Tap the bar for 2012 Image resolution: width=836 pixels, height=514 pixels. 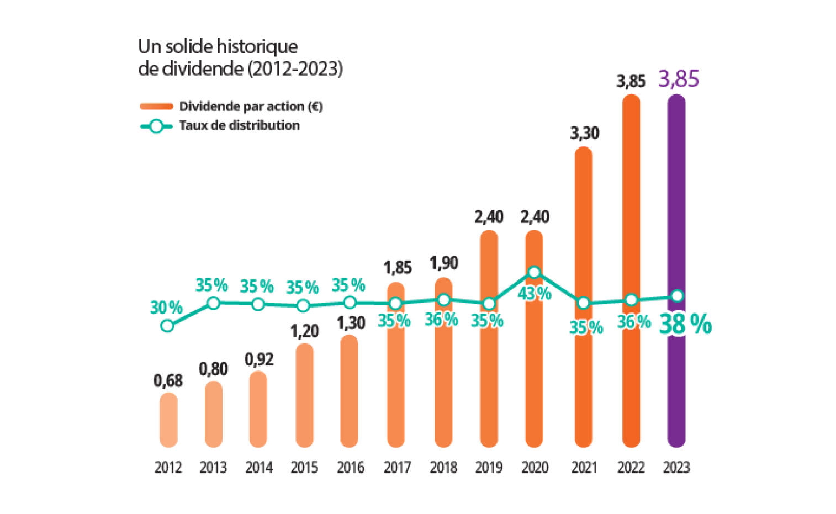click(168, 420)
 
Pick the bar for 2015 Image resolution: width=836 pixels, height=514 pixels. click(304, 395)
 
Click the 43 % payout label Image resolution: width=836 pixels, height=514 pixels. click(534, 294)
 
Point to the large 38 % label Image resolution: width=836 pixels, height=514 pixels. click(685, 325)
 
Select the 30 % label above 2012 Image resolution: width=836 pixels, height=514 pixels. click(166, 307)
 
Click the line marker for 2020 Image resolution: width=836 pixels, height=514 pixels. click(534, 272)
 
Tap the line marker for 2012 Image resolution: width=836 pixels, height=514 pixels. click(167, 326)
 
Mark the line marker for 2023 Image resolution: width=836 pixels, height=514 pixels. click(678, 296)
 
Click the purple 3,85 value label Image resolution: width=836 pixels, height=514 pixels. click(679, 80)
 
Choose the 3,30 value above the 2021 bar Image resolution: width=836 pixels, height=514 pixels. click(585, 133)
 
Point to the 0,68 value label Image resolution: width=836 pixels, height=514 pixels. click(168, 380)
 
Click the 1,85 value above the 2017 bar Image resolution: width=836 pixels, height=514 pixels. click(397, 268)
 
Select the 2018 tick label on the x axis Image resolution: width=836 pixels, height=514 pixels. click(444, 468)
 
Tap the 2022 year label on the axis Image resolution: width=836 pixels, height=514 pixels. click(631, 468)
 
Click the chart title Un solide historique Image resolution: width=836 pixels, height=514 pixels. click(218, 46)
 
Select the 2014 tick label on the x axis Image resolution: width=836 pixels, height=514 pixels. click(259, 468)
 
